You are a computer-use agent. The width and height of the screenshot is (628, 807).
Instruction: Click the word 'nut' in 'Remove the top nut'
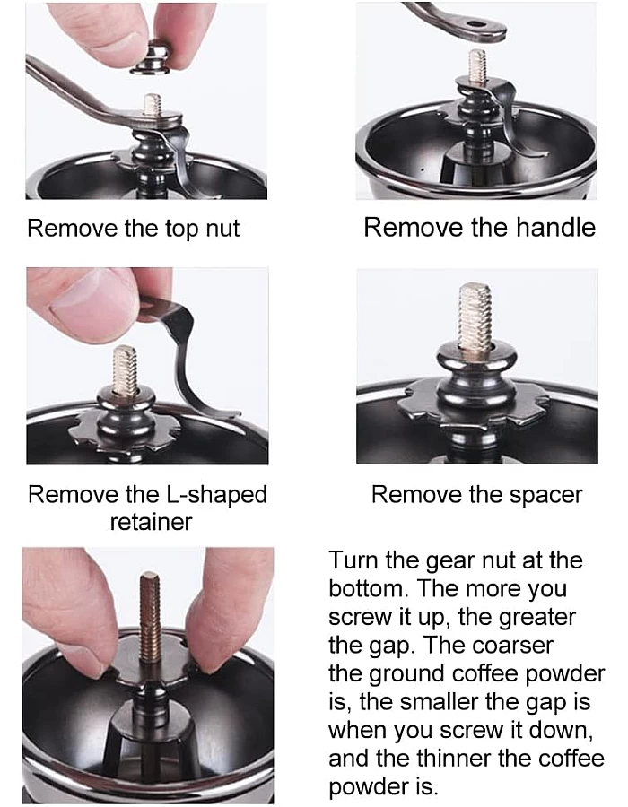pyautogui.click(x=222, y=228)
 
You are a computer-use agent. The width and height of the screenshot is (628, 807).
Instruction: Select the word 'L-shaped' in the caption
pyautogui.click(x=216, y=495)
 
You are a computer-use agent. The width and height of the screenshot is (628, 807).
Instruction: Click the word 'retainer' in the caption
pyautogui.click(x=151, y=522)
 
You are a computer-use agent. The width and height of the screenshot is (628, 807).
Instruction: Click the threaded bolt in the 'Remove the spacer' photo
pyautogui.click(x=475, y=317)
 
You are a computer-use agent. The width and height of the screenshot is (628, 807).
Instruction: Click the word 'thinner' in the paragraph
pyautogui.click(x=453, y=758)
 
